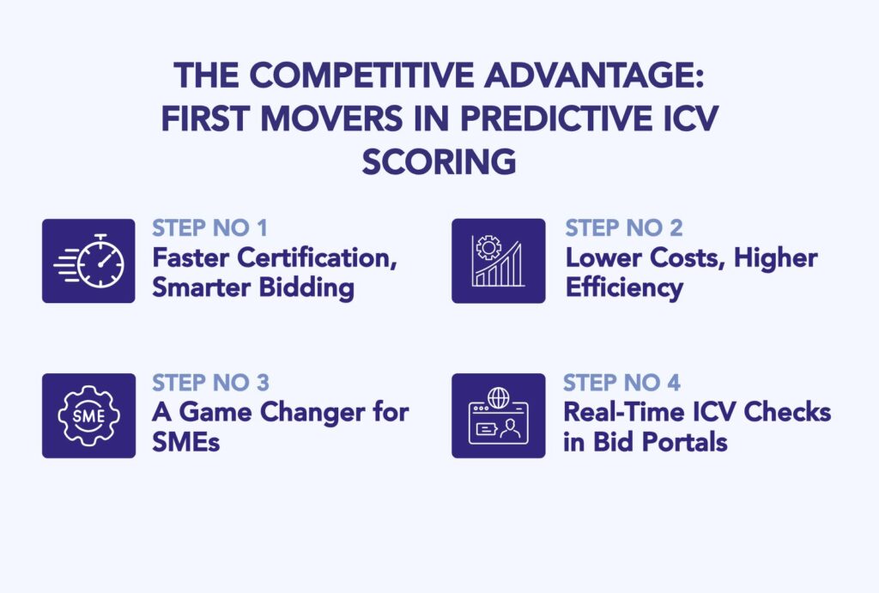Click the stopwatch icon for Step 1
[88, 260]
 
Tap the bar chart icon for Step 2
[499, 260]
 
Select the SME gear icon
[88, 415]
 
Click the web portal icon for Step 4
[499, 415]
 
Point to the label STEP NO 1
[209, 229]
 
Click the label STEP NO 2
[623, 229]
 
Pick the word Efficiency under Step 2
[624, 287]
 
